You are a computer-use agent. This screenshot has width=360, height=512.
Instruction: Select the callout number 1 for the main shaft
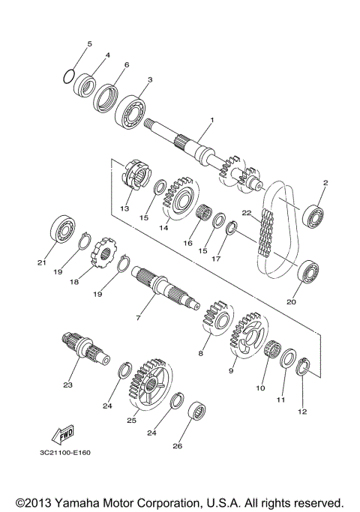click(x=212, y=121)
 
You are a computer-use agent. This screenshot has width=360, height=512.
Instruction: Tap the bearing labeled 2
click(x=312, y=216)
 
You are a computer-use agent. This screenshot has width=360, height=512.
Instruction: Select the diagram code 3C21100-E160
click(x=68, y=452)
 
